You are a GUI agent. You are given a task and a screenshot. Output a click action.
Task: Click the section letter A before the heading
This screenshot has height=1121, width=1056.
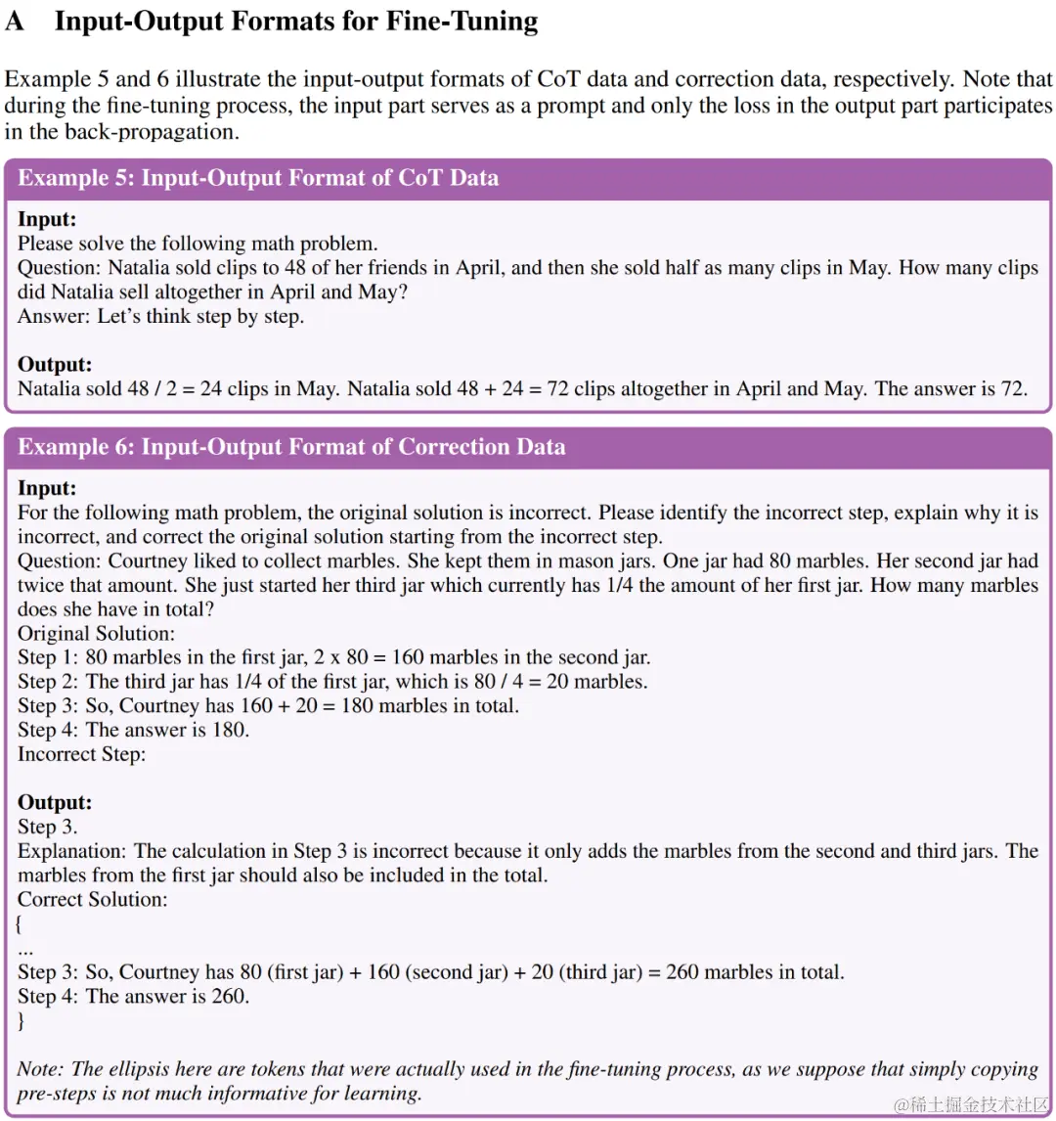tap(15, 21)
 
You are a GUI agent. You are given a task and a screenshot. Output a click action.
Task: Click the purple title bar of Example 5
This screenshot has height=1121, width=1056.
tap(528, 178)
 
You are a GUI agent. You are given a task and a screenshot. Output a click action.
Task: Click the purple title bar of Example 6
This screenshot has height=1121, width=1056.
tap(528, 447)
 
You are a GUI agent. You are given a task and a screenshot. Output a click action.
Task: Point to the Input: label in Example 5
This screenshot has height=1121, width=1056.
tap(47, 219)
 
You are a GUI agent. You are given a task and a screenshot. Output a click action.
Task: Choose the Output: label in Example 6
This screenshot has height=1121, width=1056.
tap(55, 802)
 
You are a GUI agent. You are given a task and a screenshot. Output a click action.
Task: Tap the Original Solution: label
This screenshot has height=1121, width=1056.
tap(96, 633)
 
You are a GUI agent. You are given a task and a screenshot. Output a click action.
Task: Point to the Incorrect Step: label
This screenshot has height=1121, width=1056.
tap(81, 754)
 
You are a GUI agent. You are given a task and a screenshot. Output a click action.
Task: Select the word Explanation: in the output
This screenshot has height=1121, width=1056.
tap(72, 851)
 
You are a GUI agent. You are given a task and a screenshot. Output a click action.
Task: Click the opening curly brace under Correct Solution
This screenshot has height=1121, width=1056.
tap(20, 923)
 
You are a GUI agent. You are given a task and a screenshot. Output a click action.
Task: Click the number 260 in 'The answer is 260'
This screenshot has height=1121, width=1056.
tap(230, 997)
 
